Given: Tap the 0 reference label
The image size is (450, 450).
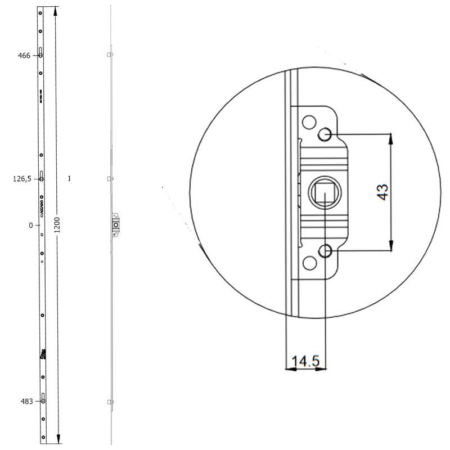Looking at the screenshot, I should pyautogui.click(x=31, y=225).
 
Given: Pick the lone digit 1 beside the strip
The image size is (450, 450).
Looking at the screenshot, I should pyautogui.click(x=69, y=179).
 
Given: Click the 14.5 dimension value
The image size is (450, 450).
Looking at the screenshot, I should pyautogui.click(x=305, y=361).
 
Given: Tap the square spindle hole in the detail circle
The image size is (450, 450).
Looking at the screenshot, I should pyautogui.click(x=324, y=192).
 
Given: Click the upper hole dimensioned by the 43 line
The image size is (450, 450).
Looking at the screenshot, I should pyautogui.click(x=325, y=134).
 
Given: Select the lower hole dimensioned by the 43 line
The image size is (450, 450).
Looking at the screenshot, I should pyautogui.click(x=325, y=251).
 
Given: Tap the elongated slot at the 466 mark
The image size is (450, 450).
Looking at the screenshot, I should pyautogui.click(x=42, y=54).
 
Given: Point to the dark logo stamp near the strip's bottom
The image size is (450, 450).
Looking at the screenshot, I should pyautogui.click(x=42, y=355).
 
